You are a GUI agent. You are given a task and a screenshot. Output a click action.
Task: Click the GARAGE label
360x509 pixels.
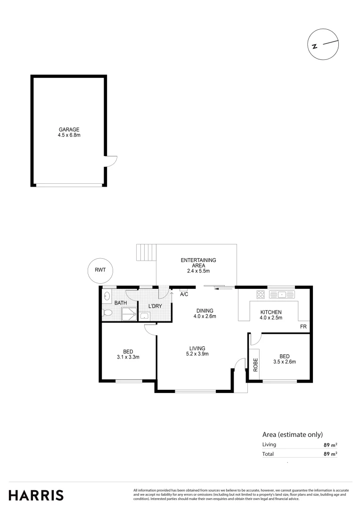[x=69, y=130]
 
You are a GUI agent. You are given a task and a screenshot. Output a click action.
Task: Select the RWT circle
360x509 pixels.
[x=100, y=271]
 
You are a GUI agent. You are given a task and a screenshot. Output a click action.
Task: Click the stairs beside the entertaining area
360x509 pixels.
[x=146, y=253]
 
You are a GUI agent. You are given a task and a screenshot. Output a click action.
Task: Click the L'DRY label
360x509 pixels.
[x=155, y=307]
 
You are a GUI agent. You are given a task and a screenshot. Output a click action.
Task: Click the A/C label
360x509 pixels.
[x=184, y=295]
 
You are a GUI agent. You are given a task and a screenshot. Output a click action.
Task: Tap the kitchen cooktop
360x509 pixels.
[x=261, y=295]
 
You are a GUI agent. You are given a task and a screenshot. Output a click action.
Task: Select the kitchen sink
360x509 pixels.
[x=282, y=295]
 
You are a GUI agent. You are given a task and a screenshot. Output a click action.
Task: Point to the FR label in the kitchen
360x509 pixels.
[x=303, y=327]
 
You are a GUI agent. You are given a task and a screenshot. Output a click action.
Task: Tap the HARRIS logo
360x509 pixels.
[x=36, y=495]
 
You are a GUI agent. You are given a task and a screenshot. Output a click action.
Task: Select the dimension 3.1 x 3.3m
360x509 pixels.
[x=128, y=357]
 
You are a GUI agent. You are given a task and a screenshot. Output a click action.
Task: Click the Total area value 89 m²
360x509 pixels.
[x=330, y=454]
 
